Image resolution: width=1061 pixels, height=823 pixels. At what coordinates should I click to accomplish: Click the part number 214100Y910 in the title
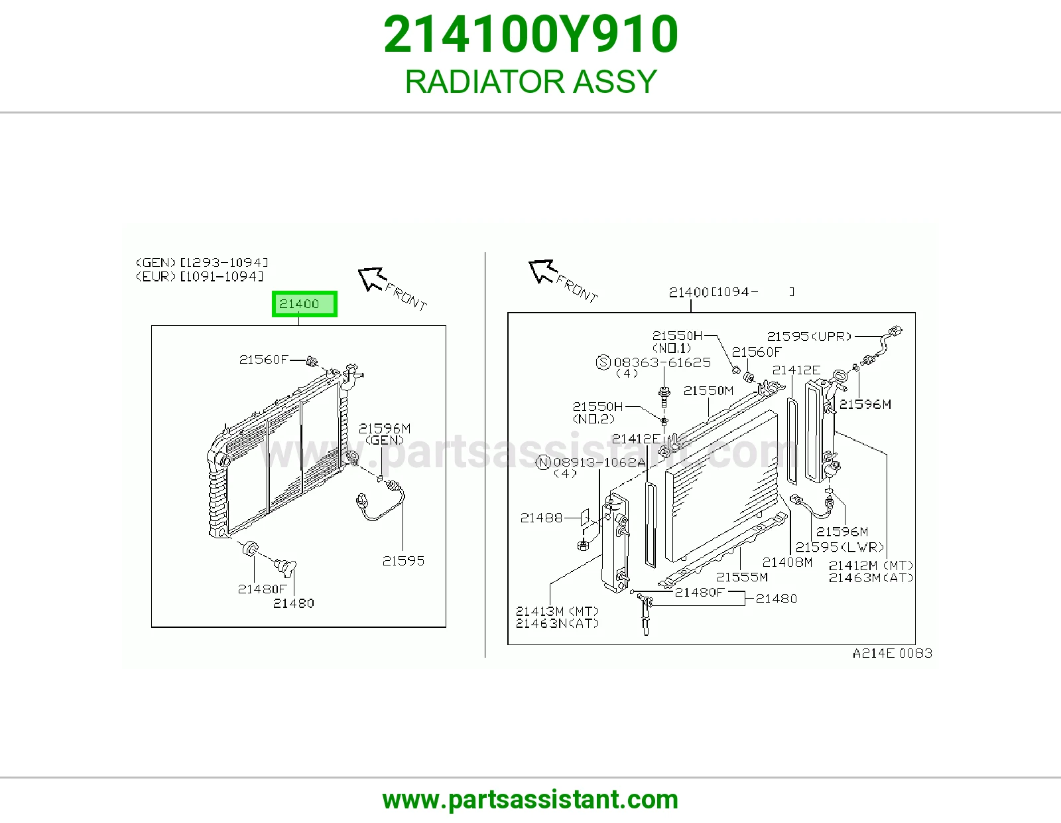(x=530, y=35)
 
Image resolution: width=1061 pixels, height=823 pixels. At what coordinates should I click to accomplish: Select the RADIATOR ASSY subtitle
(x=530, y=81)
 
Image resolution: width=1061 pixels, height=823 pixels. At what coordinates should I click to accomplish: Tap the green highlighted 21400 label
(x=304, y=304)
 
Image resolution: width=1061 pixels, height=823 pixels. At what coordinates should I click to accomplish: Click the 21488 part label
(x=542, y=518)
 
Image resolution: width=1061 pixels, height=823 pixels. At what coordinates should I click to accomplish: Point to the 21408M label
(x=787, y=563)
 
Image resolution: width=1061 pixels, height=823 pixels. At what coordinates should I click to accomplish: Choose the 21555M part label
(x=742, y=577)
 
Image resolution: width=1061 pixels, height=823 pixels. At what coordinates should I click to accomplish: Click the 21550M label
(x=708, y=390)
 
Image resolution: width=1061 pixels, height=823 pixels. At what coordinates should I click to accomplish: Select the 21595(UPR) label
(x=809, y=337)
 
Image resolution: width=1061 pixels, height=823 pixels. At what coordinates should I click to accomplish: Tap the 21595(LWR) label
(x=840, y=547)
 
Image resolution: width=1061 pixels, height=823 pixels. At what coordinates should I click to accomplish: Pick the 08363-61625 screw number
(x=662, y=362)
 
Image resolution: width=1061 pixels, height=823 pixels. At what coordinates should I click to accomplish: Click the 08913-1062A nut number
(x=599, y=462)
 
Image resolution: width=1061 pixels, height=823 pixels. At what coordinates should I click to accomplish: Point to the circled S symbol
(x=604, y=362)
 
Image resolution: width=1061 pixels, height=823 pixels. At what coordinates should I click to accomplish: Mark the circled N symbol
(x=544, y=463)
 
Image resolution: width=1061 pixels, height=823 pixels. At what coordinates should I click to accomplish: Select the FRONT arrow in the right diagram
(x=542, y=271)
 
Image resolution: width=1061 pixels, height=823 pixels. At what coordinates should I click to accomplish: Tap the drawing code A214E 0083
(x=893, y=653)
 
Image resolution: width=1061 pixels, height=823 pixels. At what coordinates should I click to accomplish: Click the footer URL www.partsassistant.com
(x=530, y=800)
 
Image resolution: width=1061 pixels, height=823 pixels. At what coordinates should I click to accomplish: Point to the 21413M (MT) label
(x=557, y=611)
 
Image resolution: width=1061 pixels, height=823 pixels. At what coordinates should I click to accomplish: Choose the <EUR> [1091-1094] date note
(x=200, y=277)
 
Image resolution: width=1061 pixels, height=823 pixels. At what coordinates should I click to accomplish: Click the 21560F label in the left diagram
(x=264, y=359)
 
